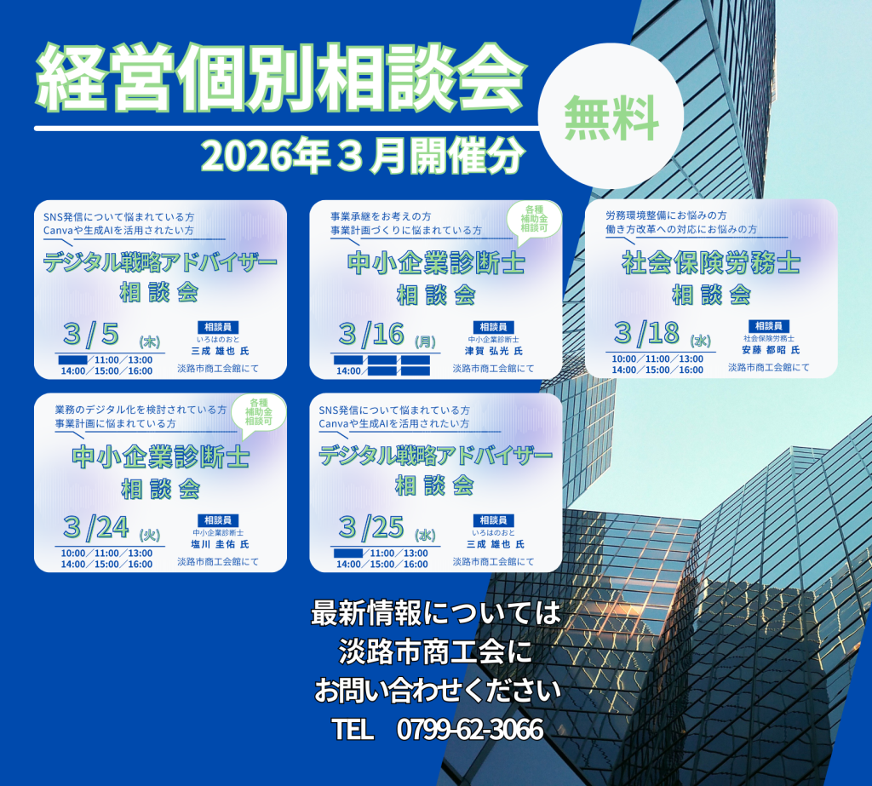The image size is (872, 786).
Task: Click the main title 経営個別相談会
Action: click(x=281, y=77)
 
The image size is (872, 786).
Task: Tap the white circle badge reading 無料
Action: click(x=611, y=116)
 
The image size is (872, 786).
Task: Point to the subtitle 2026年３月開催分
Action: click(x=363, y=157)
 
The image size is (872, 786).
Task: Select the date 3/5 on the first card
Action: click(x=91, y=334)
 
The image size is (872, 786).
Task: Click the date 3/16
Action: click(x=371, y=334)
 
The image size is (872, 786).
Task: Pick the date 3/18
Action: click(x=646, y=333)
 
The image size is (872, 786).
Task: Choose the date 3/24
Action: click(x=95, y=527)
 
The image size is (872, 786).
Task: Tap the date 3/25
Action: click(x=371, y=527)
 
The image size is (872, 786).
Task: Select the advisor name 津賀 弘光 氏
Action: click(x=493, y=351)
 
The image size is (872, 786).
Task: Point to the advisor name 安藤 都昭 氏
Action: click(x=769, y=350)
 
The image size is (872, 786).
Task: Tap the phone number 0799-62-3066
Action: click(x=470, y=729)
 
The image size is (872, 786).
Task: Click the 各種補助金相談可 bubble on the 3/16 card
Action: click(x=535, y=220)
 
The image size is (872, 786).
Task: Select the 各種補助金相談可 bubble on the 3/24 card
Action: click(x=259, y=413)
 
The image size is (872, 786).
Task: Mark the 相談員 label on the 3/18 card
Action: click(x=769, y=326)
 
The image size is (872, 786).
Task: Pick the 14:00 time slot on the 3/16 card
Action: click(x=348, y=371)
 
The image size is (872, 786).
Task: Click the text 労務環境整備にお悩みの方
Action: click(x=666, y=215)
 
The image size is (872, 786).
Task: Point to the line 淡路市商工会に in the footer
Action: click(x=435, y=652)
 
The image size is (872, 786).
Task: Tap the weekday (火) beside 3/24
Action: click(x=150, y=535)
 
